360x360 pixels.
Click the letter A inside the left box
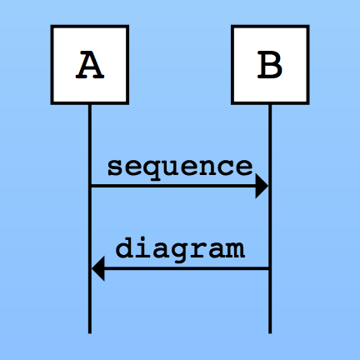(90, 64)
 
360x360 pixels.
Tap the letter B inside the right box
(270, 64)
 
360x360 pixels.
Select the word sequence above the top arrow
(180, 168)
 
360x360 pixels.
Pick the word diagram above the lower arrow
(180, 249)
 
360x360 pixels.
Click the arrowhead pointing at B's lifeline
(262, 186)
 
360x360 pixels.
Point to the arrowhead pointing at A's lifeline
(98, 268)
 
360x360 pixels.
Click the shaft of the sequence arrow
(173, 186)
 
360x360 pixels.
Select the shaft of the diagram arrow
(187, 268)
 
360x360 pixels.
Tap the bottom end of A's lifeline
(90, 333)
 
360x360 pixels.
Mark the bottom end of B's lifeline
(270, 333)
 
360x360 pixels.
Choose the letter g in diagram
(179, 252)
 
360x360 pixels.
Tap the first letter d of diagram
(124, 248)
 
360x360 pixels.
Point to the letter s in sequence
(115, 167)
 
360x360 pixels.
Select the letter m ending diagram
(236, 250)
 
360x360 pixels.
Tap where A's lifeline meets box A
(90, 104)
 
